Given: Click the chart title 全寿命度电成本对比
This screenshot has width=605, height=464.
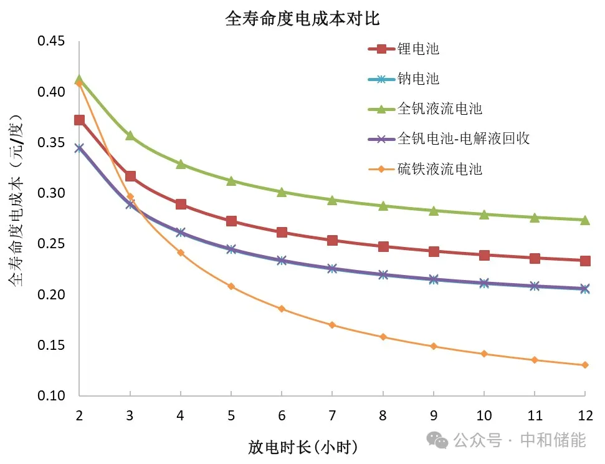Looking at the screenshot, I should [x=302, y=19].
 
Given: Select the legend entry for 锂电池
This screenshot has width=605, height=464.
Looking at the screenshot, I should [x=418, y=49].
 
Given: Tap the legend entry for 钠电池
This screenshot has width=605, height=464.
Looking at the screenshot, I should [x=418, y=79].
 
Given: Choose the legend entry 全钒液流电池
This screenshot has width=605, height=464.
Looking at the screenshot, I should [x=439, y=109].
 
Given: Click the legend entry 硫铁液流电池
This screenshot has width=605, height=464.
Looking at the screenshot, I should [x=439, y=168].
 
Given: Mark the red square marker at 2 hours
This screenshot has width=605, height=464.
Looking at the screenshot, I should [x=79, y=120].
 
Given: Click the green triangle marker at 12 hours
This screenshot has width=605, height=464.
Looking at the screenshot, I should [x=584, y=220].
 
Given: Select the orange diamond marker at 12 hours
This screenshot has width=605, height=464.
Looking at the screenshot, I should [x=584, y=365].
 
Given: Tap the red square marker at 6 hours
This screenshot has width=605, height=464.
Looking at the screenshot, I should [x=282, y=232].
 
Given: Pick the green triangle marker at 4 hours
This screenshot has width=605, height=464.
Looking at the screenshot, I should [x=181, y=164].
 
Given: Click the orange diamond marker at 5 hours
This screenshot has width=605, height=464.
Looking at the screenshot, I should [x=231, y=286].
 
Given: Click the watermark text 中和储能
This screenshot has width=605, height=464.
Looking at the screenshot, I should [x=553, y=440].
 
